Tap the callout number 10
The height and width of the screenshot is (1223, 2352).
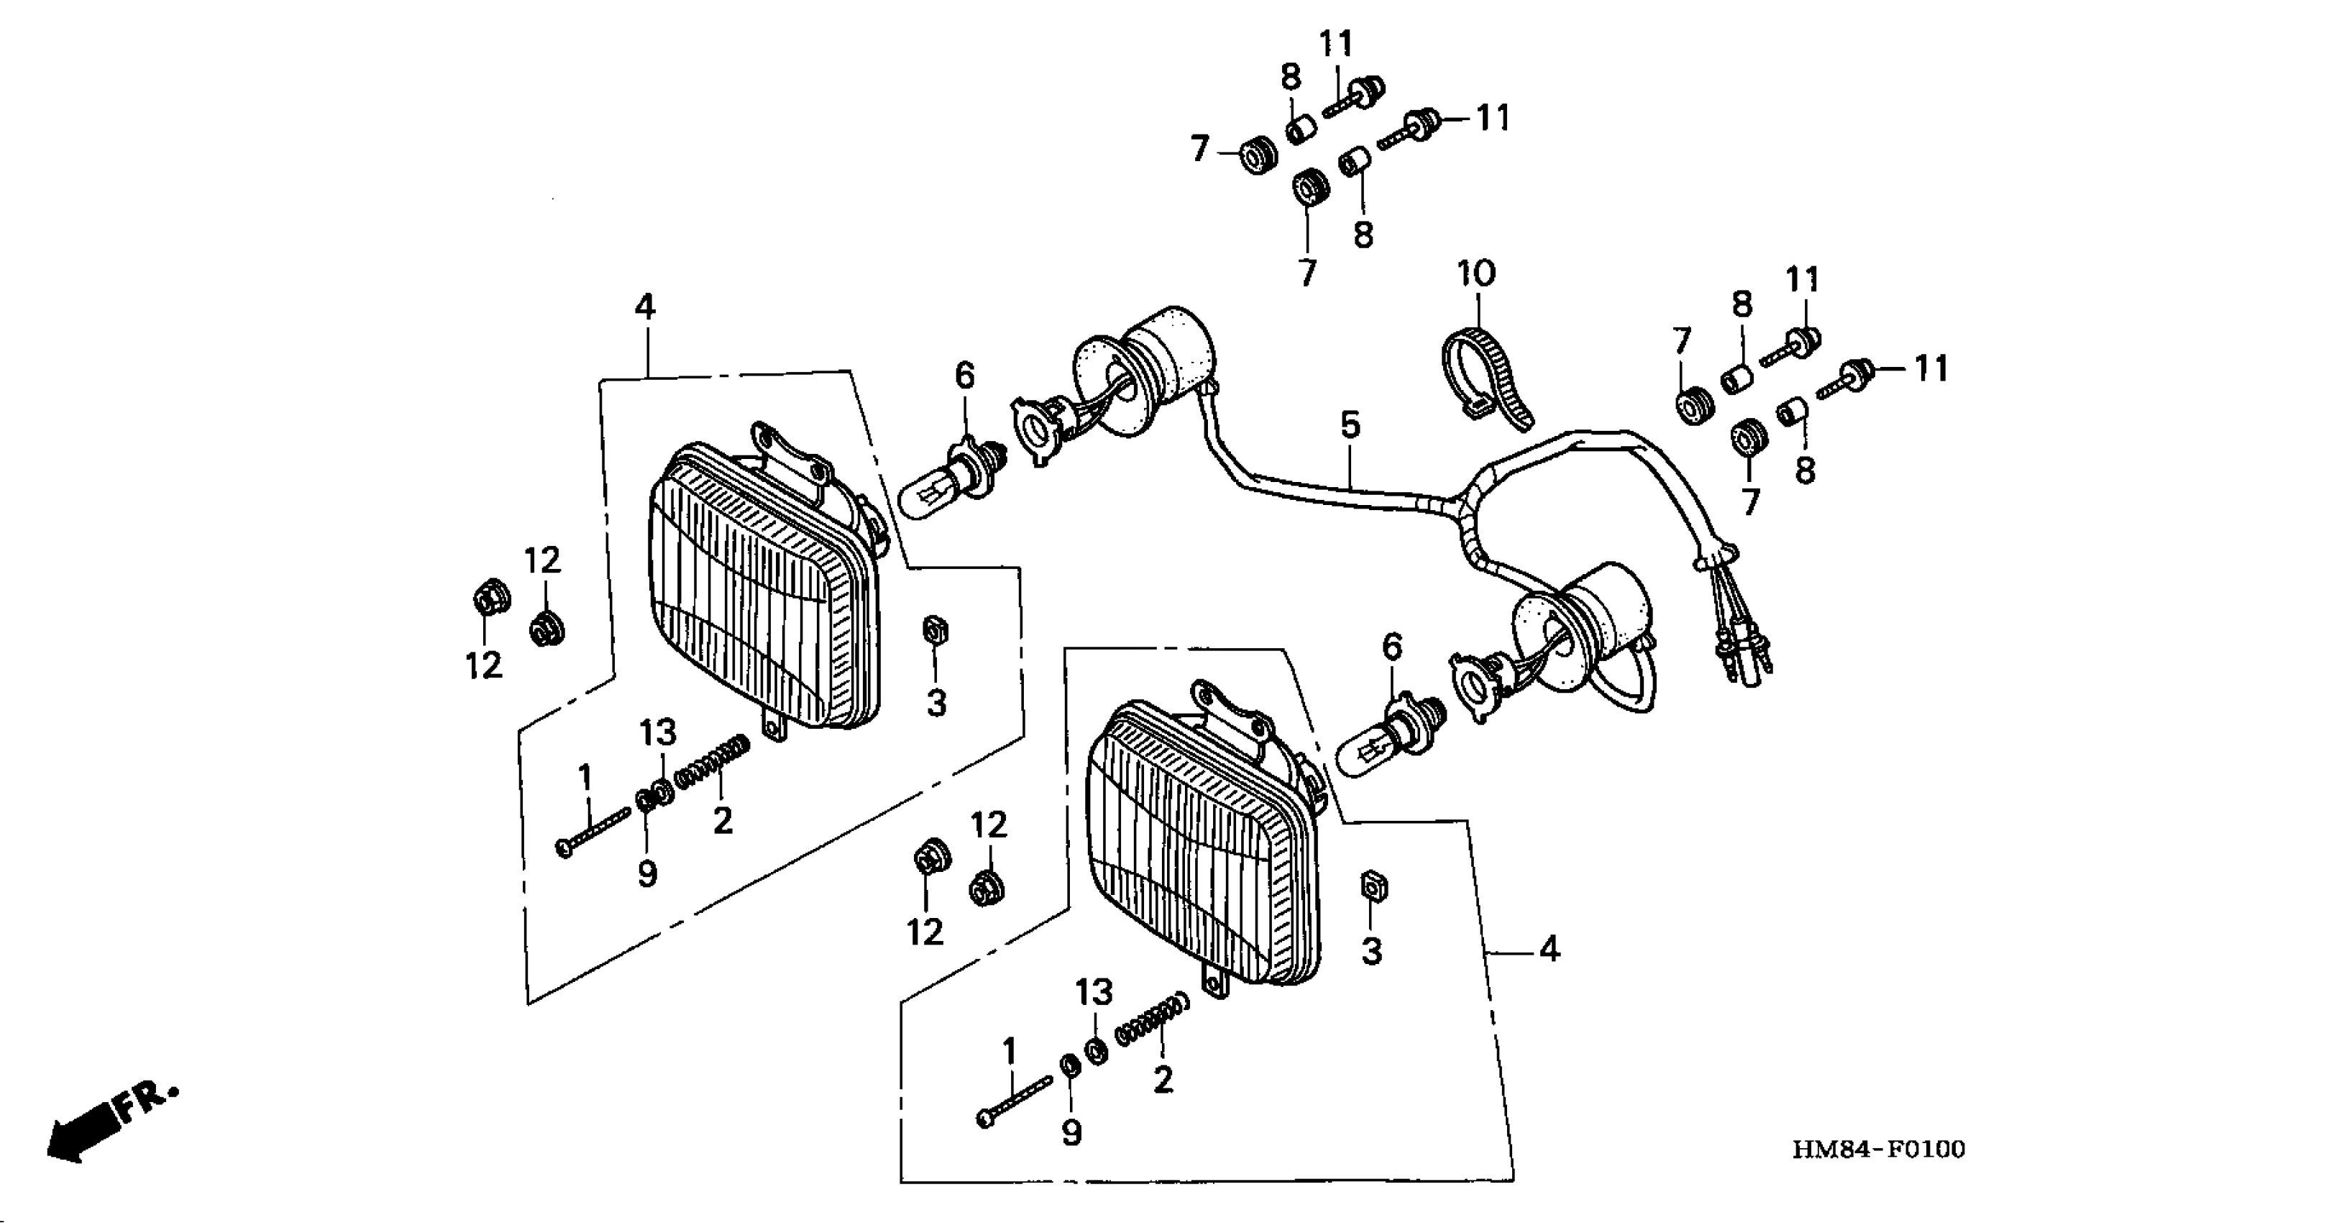[1476, 273]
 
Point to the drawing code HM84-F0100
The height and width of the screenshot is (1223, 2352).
[1878, 1149]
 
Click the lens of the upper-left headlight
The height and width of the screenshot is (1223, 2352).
[749, 594]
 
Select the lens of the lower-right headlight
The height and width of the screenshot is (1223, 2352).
[1187, 850]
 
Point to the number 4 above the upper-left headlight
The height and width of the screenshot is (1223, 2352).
[644, 307]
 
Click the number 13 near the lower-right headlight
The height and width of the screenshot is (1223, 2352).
[1093, 992]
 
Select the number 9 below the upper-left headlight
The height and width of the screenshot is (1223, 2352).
[646, 874]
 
